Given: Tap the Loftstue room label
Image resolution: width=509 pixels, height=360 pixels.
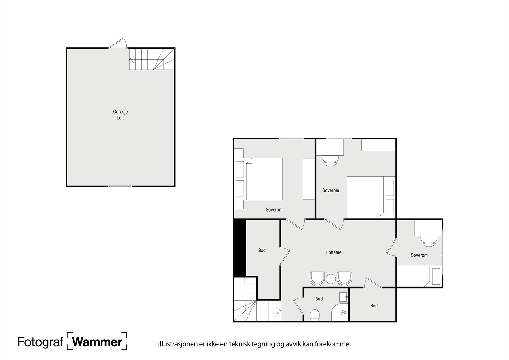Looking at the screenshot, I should (x=334, y=252).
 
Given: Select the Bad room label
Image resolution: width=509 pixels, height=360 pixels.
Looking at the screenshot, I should (x=319, y=299).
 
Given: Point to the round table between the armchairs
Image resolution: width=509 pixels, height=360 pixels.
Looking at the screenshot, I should (x=331, y=279).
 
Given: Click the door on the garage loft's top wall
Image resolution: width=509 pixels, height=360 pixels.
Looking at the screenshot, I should (x=118, y=44).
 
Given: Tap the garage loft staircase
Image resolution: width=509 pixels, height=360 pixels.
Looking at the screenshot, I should (x=151, y=59).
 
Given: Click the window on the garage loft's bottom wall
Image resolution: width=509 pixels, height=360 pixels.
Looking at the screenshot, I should (x=120, y=186).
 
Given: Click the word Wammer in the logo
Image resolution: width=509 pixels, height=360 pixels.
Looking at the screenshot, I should (x=97, y=342).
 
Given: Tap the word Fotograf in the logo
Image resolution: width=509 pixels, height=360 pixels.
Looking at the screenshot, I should (x=40, y=342).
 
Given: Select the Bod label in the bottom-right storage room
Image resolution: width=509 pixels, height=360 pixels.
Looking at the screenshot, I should (x=374, y=306).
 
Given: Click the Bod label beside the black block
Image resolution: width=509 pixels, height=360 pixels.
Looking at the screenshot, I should (x=261, y=251).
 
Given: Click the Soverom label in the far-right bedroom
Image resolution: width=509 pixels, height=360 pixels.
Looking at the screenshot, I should (x=419, y=255).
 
